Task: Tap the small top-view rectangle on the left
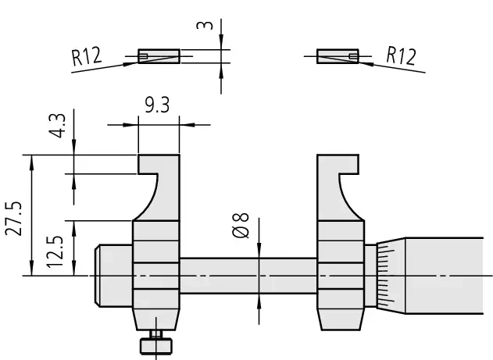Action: [159, 56]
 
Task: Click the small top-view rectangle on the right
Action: [338, 56]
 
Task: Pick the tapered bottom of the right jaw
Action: [340, 315]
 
